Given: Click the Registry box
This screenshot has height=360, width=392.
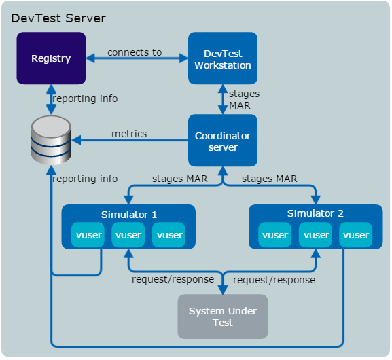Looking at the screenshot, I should coord(51,58).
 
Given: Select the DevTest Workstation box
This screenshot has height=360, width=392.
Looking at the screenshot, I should coord(222,59).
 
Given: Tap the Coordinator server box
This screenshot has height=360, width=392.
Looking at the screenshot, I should coord(222,141).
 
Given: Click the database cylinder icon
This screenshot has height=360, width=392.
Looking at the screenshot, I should coord(51,139).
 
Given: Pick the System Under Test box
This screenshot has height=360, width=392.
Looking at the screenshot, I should coord(222,317).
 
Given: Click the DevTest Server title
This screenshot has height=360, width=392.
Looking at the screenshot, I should coord(58,18).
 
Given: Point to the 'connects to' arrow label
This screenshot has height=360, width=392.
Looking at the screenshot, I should coord(135,52).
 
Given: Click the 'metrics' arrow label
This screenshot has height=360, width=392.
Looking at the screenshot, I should coord(129,134).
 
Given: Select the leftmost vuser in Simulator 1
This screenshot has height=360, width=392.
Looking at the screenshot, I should coord(88,235).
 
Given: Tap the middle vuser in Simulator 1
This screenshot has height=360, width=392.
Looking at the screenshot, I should coord(128,235).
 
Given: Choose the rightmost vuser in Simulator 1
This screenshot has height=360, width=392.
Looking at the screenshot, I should coord(169,235).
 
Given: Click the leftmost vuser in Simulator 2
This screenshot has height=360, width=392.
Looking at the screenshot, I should coord(275,235).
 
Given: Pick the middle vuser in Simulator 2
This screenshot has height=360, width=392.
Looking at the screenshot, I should coord(316,235).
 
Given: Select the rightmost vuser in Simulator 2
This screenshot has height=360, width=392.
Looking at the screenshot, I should coord(356,235).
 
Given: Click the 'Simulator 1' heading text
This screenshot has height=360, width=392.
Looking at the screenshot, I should coord(129,215).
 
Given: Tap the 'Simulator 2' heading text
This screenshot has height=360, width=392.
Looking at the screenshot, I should coord(315,213).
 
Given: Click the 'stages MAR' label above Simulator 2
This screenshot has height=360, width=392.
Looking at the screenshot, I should coord(269,179).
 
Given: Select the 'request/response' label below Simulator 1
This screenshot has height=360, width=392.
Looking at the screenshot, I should coord(173,278).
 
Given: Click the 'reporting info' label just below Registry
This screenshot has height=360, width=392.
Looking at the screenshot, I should coord(85,98).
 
